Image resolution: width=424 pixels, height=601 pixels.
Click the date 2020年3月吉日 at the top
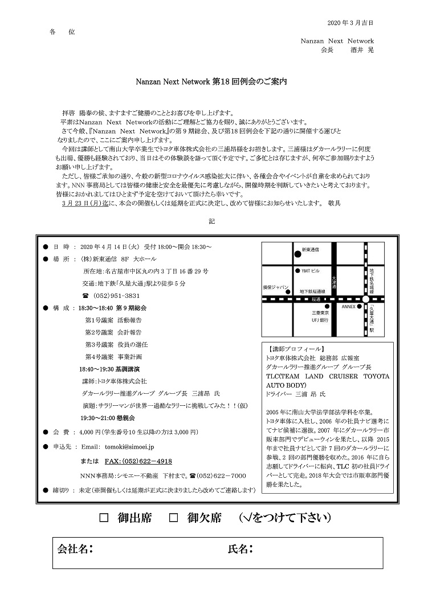click(351, 23)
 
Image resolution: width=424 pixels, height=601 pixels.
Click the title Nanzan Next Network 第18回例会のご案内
click(211, 82)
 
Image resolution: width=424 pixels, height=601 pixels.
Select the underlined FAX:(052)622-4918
click(138, 461)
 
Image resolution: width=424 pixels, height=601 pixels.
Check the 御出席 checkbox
click(104, 518)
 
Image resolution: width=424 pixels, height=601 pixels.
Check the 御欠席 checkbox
click(175, 518)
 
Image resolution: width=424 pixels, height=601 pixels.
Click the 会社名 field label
click(74, 549)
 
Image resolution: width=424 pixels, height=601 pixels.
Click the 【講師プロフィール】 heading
click(294, 349)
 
